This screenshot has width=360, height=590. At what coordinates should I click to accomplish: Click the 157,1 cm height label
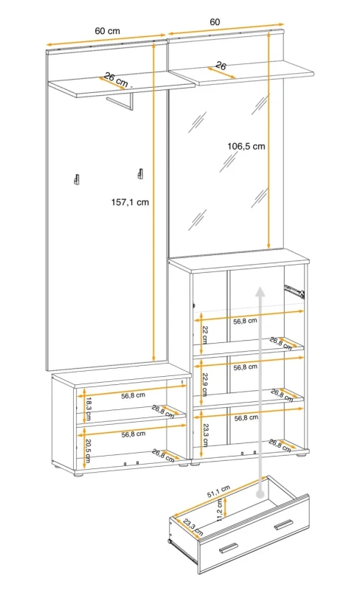click(x=130, y=202)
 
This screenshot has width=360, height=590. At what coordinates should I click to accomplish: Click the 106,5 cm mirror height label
click(x=246, y=146)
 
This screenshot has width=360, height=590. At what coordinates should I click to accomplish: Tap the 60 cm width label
click(x=107, y=31)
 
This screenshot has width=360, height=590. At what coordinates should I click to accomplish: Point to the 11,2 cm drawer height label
click(x=220, y=510)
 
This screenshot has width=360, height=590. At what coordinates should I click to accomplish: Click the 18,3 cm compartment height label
click(x=88, y=409)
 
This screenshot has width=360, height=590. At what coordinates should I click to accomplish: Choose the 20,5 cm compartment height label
click(x=88, y=451)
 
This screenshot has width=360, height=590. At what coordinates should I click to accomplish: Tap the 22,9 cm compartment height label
click(x=205, y=384)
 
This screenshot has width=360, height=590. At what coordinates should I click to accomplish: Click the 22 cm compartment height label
click(x=205, y=334)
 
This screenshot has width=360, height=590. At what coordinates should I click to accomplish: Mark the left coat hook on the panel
click(x=77, y=179)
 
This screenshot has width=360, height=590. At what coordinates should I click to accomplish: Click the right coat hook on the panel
click(x=140, y=174)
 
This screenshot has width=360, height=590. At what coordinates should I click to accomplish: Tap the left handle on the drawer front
click(x=228, y=548)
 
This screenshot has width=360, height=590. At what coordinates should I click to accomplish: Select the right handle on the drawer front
click(x=283, y=524)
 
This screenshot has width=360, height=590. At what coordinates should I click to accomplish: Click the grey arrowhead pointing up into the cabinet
click(x=260, y=291)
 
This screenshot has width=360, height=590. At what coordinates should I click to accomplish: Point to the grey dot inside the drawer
click(x=260, y=494)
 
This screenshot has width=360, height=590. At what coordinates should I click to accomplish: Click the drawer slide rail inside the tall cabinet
click(x=294, y=291)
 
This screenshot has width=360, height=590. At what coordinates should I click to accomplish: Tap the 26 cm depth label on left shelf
click(x=116, y=80)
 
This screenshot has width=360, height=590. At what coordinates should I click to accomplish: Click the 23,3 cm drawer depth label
click(x=193, y=527)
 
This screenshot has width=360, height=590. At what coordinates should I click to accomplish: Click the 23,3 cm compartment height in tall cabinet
click(x=206, y=434)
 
